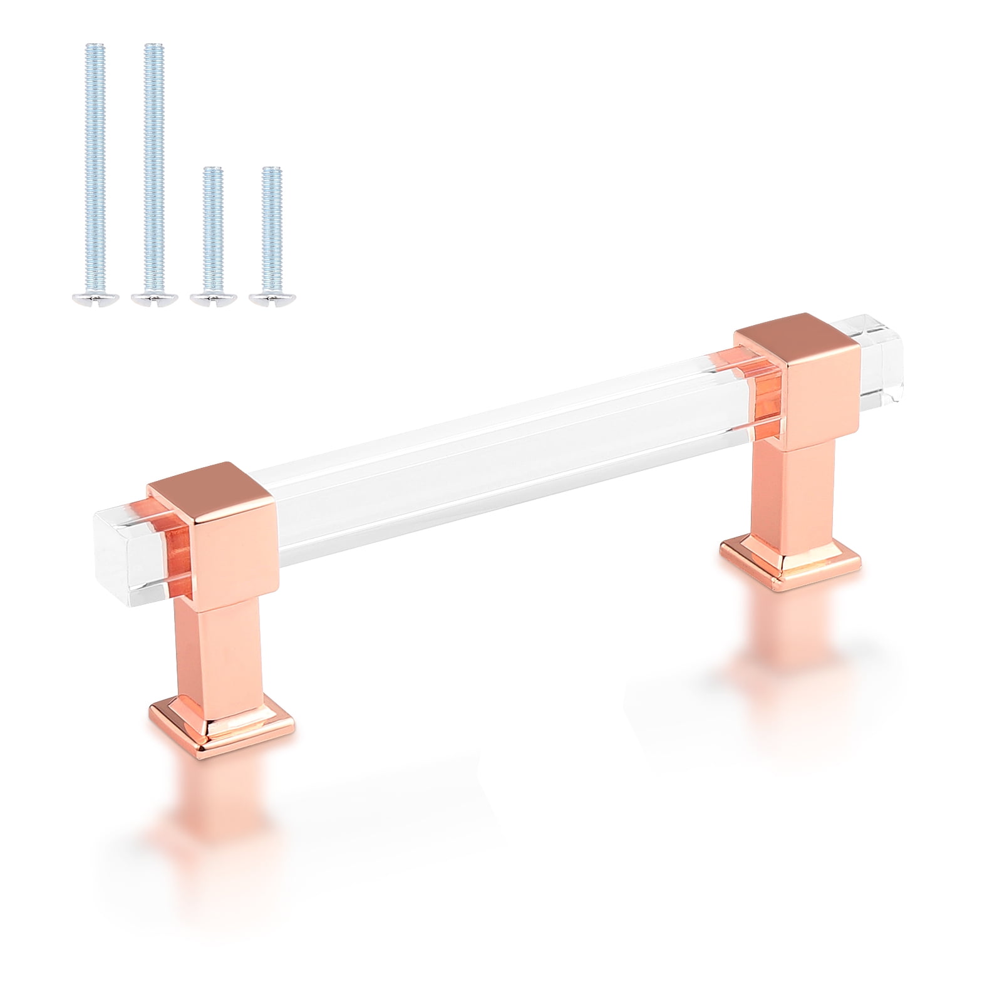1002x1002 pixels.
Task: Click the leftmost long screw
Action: (x=93, y=163)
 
